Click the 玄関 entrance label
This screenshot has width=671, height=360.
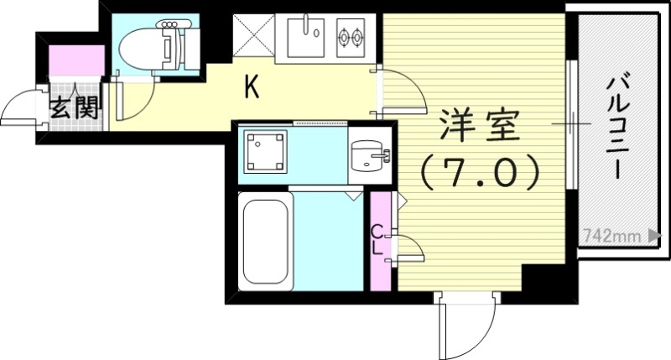click(x=75, y=107)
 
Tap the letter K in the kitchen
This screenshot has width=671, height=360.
click(x=250, y=86)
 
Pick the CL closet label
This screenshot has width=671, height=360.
click(x=378, y=239)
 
